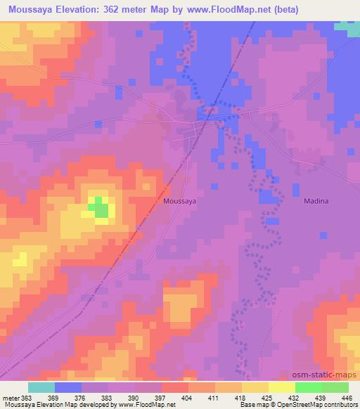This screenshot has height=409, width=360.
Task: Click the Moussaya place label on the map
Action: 179,200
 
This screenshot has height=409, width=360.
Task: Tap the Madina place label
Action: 316,200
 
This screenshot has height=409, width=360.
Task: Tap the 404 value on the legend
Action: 186,397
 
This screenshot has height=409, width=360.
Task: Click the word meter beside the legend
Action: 10,397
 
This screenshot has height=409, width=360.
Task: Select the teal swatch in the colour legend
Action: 41,387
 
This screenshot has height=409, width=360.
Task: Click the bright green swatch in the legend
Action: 308,387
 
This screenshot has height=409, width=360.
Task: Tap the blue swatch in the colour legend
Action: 68,387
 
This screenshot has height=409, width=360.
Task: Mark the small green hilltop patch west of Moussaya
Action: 98,207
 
